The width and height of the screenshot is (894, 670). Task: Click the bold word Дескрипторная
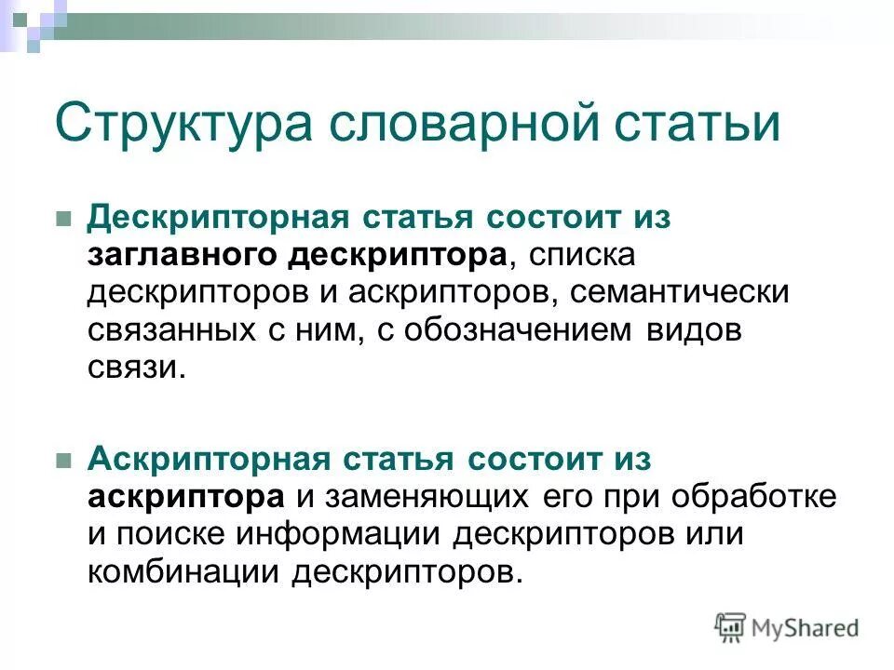coord(217,216)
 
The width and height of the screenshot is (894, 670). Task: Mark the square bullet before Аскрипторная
coord(64,460)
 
